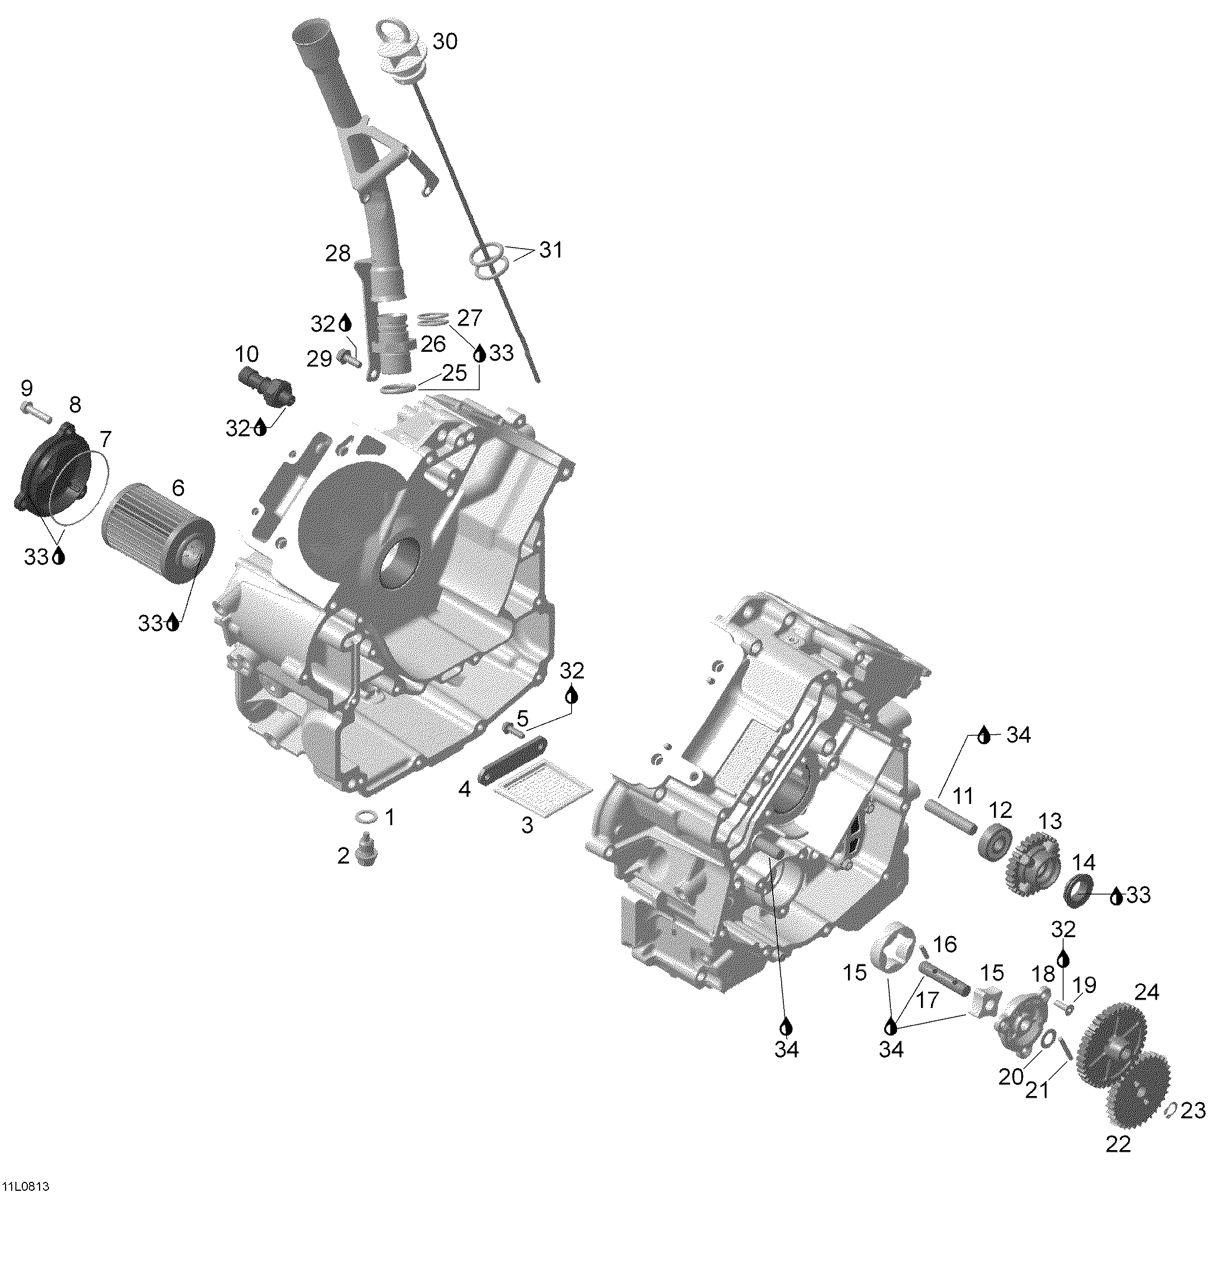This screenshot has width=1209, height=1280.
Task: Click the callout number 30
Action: point(445,42)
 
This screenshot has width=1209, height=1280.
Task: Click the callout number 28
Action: point(338,254)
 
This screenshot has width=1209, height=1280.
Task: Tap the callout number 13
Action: point(1050,822)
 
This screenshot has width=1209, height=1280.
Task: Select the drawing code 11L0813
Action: point(26,1187)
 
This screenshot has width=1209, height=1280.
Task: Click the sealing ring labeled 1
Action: point(367,817)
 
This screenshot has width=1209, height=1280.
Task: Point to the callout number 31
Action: point(550,250)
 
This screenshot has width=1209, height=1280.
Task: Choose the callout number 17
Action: point(928,1001)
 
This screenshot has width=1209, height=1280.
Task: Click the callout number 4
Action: point(465,789)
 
